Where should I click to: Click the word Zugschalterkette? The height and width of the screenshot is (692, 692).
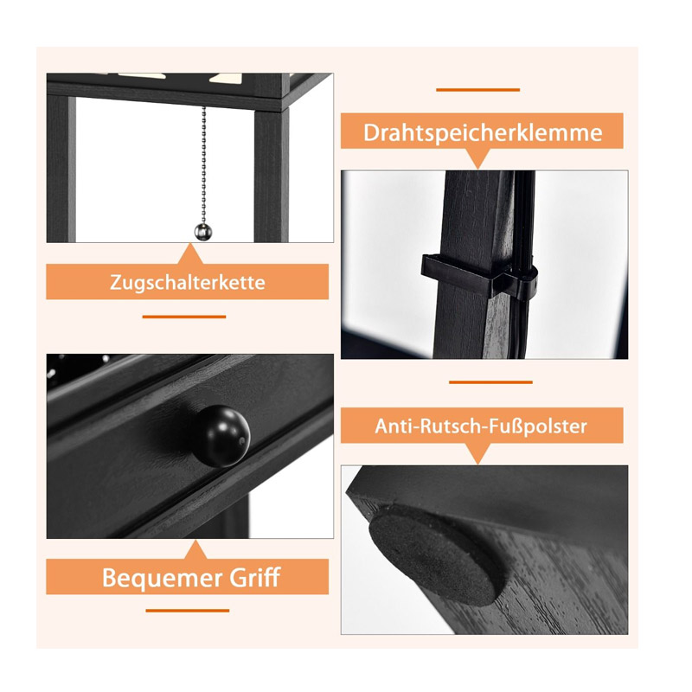click(x=188, y=283)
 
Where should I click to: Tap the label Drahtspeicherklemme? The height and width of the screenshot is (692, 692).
click(x=483, y=132)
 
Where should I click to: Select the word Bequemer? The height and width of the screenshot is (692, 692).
click(x=162, y=578)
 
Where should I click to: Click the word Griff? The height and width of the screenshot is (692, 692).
click(x=255, y=577)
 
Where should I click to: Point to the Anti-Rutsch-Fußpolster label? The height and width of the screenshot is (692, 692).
click(x=481, y=426)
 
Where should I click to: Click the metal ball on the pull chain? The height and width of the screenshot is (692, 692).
click(x=203, y=232)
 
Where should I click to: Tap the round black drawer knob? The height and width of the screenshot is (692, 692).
click(x=221, y=436)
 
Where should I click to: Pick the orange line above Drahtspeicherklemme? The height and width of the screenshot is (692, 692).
click(x=478, y=90)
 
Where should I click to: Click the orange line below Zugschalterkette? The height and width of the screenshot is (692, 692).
click(x=184, y=317)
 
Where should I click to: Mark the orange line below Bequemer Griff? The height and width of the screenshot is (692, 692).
click(x=188, y=611)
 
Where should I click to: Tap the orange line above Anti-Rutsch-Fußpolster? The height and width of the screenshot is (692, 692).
click(x=490, y=382)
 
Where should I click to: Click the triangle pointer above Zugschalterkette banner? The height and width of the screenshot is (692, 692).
click(x=189, y=255)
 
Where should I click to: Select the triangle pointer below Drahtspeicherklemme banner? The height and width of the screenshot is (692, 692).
click(x=478, y=157)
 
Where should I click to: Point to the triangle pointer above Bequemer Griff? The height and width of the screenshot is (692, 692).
click(x=194, y=550)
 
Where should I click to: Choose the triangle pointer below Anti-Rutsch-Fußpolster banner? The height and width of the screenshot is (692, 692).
click(x=478, y=452)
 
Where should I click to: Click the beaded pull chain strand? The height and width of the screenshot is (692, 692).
click(x=204, y=165)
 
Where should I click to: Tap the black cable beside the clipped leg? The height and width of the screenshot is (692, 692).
click(x=523, y=264)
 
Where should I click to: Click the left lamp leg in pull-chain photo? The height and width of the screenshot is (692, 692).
click(x=61, y=169)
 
